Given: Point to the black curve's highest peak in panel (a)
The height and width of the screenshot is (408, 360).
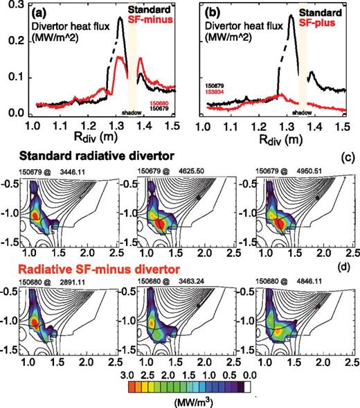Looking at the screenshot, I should click(x=120, y=19).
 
